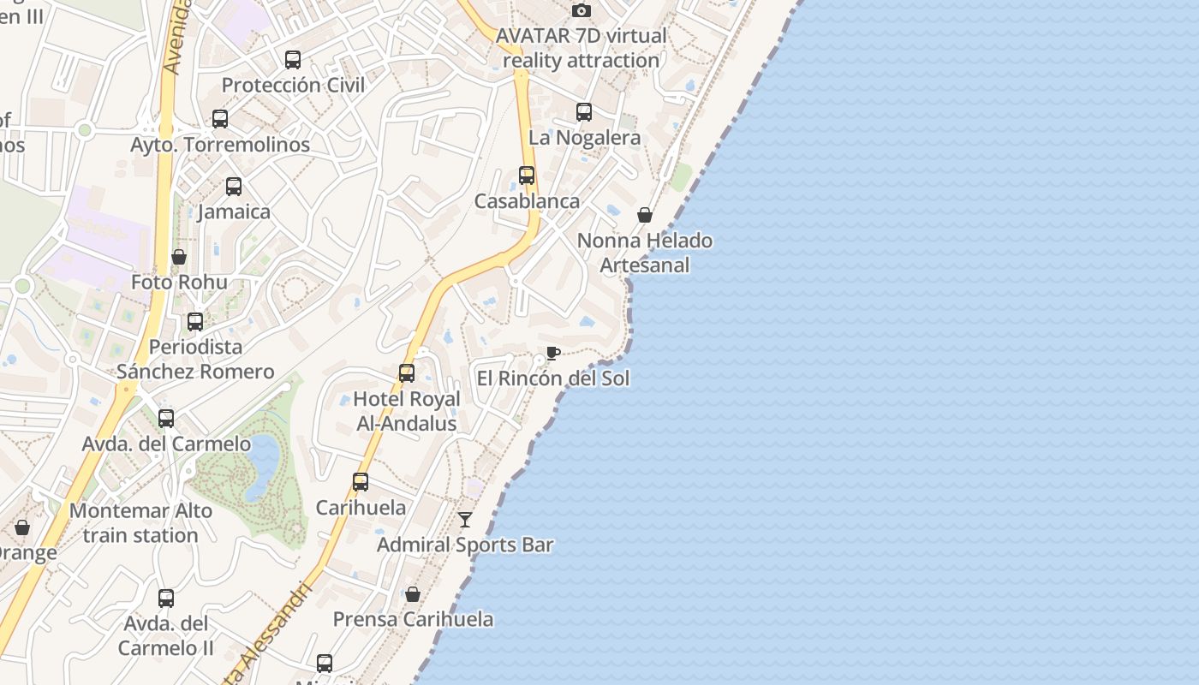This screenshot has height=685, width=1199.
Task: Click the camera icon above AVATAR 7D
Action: click(582, 11)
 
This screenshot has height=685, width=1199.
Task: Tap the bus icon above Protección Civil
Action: click(293, 60)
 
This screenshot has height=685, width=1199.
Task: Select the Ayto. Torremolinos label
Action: click(220, 145)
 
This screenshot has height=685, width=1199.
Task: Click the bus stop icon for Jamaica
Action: click(234, 187)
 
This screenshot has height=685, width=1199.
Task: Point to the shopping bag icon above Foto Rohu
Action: click(179, 257)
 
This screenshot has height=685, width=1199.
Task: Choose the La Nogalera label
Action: click(584, 137)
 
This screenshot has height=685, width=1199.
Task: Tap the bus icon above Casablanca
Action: click(527, 176)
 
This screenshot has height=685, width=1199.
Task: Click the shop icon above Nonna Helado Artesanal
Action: click(645, 215)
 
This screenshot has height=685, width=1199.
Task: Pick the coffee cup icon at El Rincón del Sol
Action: click(553, 354)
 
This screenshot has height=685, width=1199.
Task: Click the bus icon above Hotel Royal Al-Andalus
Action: click(407, 373)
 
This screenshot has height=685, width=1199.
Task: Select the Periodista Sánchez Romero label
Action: click(195, 359)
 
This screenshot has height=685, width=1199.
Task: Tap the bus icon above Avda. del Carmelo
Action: click(166, 419)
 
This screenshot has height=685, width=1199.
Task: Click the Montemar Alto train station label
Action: click(140, 523)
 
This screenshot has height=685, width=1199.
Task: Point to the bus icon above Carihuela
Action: click(361, 482)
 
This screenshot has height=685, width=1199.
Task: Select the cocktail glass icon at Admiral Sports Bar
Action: click(465, 520)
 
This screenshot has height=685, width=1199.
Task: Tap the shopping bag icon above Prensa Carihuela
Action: click(413, 594)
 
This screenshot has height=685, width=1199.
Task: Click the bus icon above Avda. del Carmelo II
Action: click(166, 599)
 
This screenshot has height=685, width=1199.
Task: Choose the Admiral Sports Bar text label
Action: click(465, 545)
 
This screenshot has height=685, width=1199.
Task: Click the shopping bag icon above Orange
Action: click(22, 527)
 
